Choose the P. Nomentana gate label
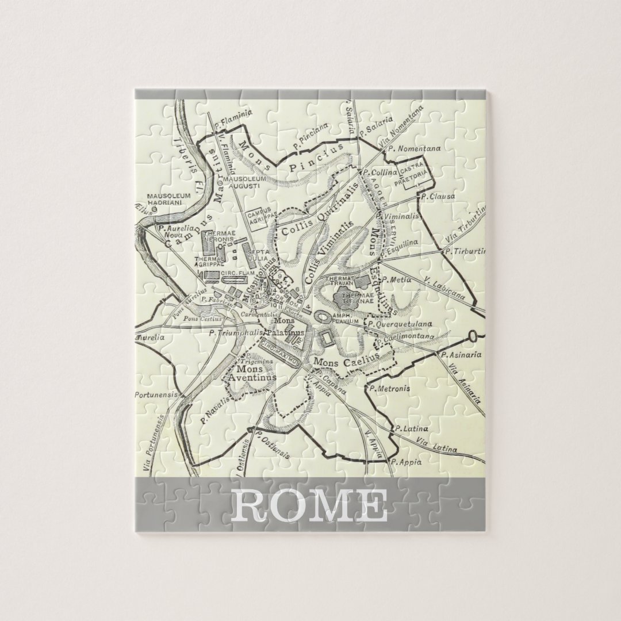click(414, 148)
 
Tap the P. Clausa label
click(438, 196)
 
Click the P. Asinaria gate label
click(461, 355)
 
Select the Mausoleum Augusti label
click(244, 182)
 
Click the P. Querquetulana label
click(400, 324)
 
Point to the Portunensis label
click(154, 395)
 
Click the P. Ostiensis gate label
click(273, 444)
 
